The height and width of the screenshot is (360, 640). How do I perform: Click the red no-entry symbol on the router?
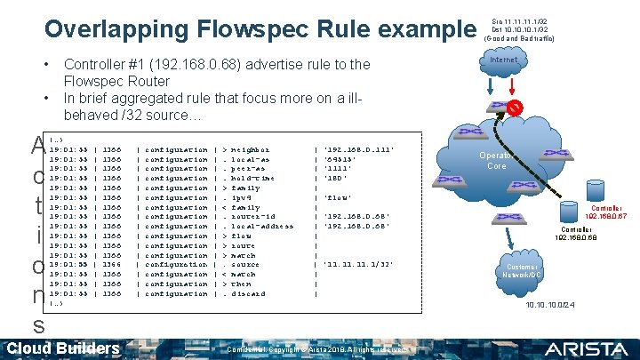coord(514,108)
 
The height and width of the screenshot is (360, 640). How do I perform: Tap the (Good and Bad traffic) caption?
coord(519,40)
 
